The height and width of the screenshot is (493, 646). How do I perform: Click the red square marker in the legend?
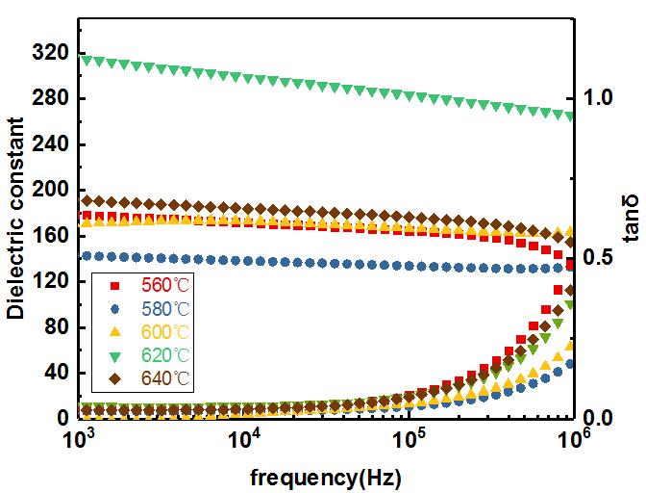pyautogui.click(x=115, y=286)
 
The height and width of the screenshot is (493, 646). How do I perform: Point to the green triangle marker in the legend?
pyautogui.click(x=115, y=355)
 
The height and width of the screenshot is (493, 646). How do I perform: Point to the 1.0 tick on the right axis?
pyautogui.click(x=597, y=98)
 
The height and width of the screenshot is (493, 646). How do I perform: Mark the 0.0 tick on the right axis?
pyautogui.click(x=597, y=419)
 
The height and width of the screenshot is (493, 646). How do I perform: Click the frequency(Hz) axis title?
pyautogui.click(x=326, y=477)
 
